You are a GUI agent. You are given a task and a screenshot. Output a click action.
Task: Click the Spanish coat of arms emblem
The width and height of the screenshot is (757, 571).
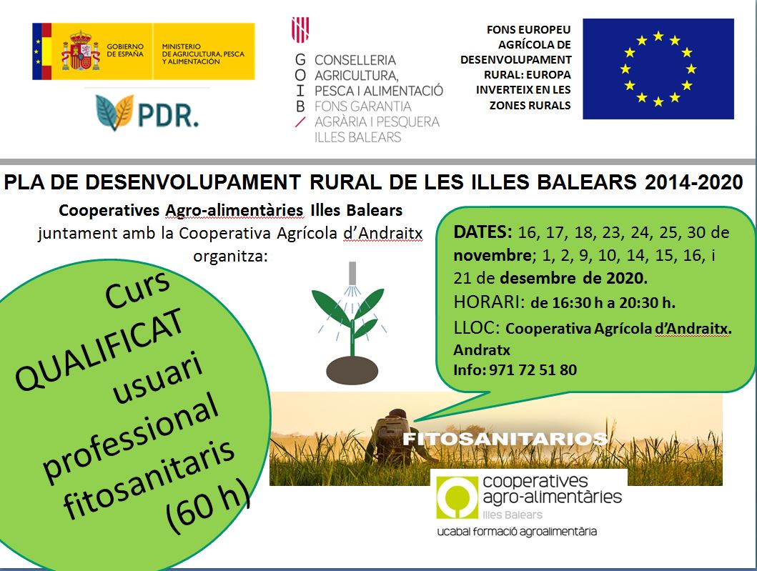(80, 51)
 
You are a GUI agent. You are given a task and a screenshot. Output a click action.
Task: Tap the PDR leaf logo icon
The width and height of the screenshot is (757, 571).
(114, 112)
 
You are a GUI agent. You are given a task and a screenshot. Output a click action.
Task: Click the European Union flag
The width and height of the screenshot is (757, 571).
(658, 69)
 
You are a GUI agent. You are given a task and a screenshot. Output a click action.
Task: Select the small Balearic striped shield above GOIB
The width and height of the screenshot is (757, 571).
(300, 30)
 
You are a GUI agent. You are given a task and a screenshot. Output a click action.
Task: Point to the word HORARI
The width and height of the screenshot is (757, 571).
(488, 302)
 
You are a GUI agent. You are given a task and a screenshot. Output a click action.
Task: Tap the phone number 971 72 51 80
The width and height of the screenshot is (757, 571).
(533, 370)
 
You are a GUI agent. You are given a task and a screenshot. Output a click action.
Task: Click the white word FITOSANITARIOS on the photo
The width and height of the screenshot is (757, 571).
(505, 439)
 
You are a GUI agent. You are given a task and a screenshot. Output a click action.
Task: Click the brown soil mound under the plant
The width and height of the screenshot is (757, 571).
(352, 369)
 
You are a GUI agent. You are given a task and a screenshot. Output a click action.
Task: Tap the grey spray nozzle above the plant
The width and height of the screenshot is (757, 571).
(352, 273)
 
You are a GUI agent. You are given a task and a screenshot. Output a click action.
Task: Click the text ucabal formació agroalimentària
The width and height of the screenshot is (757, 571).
(517, 532)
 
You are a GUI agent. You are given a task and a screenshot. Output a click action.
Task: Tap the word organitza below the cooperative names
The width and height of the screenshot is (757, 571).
(230, 256)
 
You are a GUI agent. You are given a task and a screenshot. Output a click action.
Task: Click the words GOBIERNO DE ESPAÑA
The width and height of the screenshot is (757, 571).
(125, 50)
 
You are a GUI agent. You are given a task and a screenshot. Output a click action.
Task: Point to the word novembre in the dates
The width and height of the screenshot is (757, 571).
(493, 255)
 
